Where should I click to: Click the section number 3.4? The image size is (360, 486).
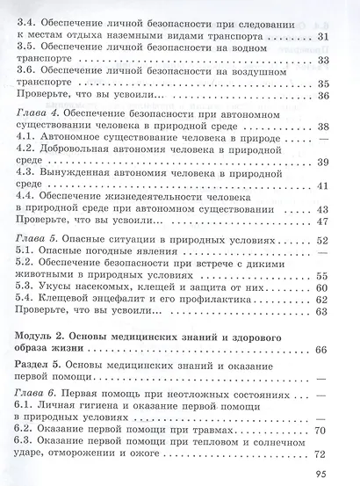[27, 18]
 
